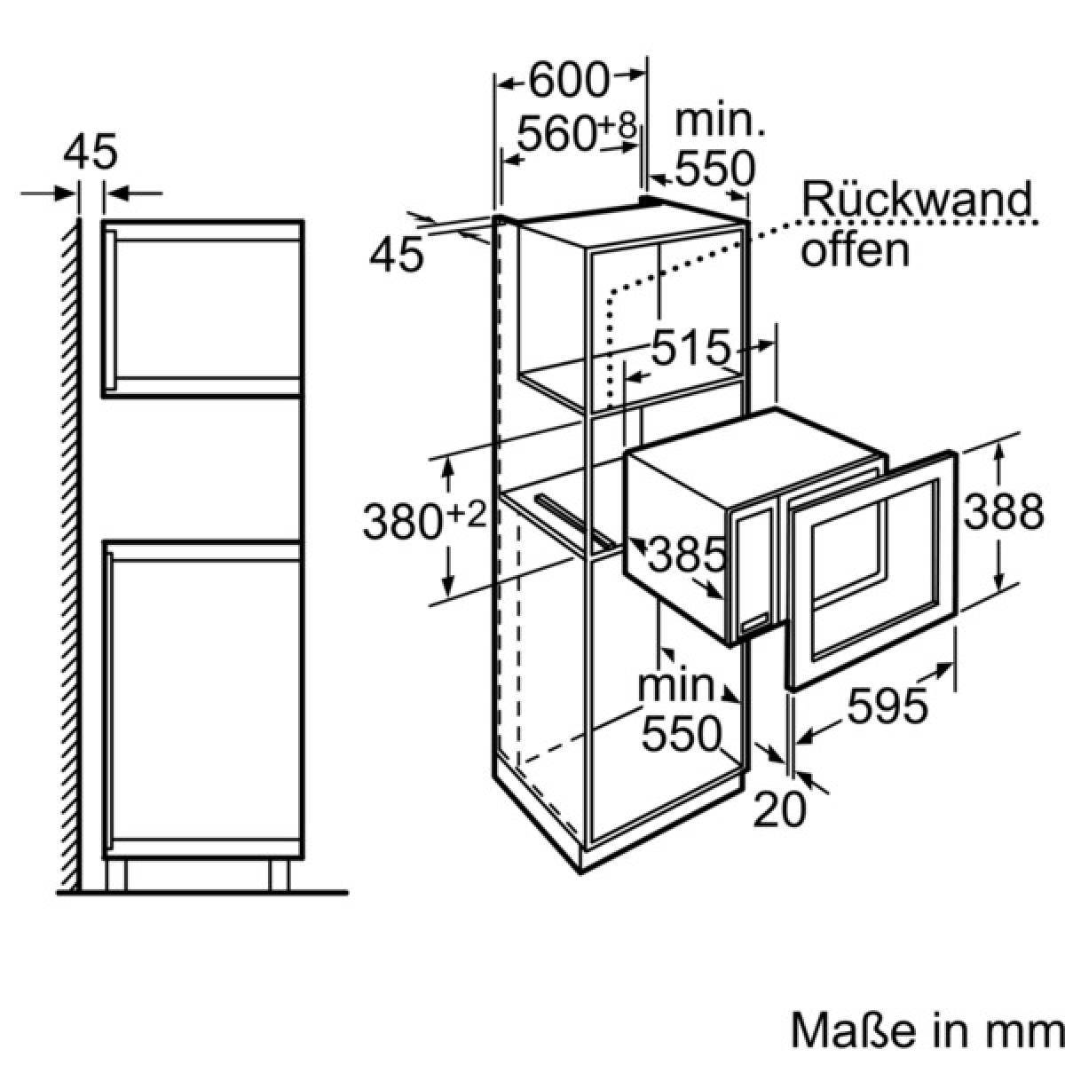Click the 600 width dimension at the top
(569, 80)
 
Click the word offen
(855, 250)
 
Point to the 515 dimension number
(691, 347)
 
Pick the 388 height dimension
(1003, 511)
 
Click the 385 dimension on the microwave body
(686, 554)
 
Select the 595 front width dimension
(887, 706)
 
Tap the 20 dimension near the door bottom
(780, 809)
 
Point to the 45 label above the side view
(91, 151)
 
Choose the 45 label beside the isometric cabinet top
(396, 256)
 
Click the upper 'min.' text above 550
(720, 121)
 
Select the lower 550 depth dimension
(682, 735)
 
